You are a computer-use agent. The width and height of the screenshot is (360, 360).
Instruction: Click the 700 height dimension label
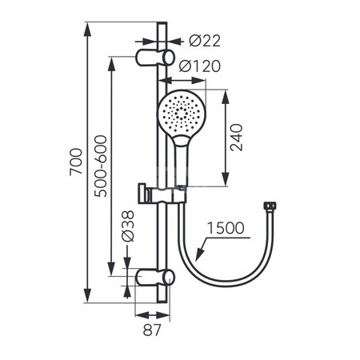(76, 165)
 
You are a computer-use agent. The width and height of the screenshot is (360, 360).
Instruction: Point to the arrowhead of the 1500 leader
(195, 258)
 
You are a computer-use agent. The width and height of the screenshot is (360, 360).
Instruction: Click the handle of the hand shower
(182, 164)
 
